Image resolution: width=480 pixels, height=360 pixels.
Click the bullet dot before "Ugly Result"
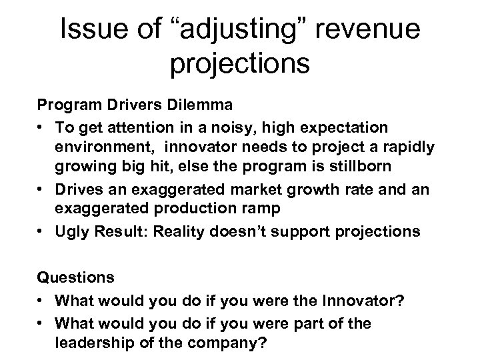41,231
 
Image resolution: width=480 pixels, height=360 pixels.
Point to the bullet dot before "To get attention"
41,126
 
